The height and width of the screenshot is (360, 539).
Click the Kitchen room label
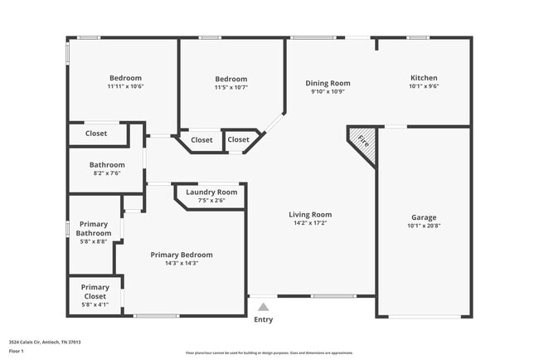coord(424,78)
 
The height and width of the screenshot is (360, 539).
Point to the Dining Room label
coord(328,83)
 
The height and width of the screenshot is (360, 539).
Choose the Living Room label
coord(310,215)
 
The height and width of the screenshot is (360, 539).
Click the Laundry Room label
coord(211,192)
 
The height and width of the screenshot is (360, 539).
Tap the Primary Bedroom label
coord(182,255)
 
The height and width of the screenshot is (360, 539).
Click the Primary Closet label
coord(95,291)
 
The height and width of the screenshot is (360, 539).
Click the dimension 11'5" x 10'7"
coord(231,87)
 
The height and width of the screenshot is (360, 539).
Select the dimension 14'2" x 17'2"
coord(310,223)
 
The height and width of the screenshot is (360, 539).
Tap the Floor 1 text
coord(17,351)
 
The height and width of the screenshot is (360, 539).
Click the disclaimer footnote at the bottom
coord(269,352)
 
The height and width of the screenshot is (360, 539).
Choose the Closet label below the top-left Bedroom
coord(96,133)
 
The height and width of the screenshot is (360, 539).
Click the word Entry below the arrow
coord(263,319)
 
